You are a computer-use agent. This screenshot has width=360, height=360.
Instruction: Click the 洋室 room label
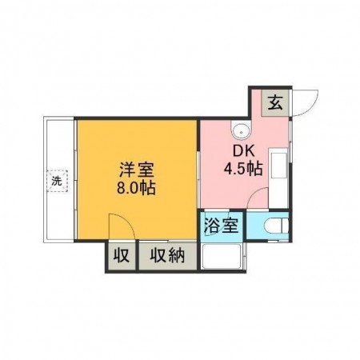coord(137,170)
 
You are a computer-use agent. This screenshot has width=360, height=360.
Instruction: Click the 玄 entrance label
coord(274,103)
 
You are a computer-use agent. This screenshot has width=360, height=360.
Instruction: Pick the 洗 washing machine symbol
coord(57,180)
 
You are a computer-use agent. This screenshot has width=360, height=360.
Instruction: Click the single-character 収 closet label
coord(122,257)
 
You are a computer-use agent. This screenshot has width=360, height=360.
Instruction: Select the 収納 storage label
coord(166,257)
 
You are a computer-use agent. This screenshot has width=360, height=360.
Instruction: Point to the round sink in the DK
coord(238,130)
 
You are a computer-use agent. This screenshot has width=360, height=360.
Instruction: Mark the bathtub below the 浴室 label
coord(222,257)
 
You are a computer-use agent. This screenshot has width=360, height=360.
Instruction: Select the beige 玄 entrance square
coord(274,103)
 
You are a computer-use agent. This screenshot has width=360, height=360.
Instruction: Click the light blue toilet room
coord(267,226)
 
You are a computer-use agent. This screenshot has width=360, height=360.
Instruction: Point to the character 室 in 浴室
coord(230,226)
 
